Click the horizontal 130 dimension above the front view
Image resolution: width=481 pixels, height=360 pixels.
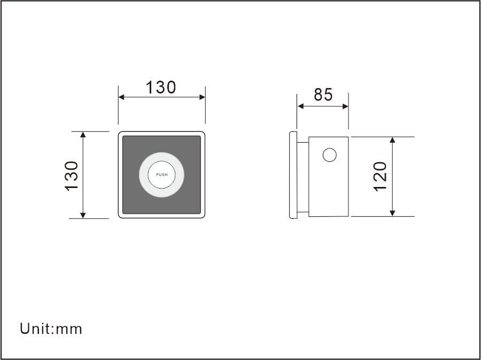161,88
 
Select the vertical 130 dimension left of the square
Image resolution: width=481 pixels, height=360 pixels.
72,176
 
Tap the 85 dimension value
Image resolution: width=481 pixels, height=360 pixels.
323,95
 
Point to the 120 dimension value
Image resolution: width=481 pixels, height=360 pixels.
380,177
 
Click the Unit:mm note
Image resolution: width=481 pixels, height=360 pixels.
51,328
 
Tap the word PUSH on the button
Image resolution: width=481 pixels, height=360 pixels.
161,175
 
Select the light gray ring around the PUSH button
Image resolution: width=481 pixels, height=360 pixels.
143,175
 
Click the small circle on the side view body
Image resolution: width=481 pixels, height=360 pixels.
329,155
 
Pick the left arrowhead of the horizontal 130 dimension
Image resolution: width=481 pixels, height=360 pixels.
121,97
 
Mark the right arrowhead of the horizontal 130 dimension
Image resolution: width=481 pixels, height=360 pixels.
202,97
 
